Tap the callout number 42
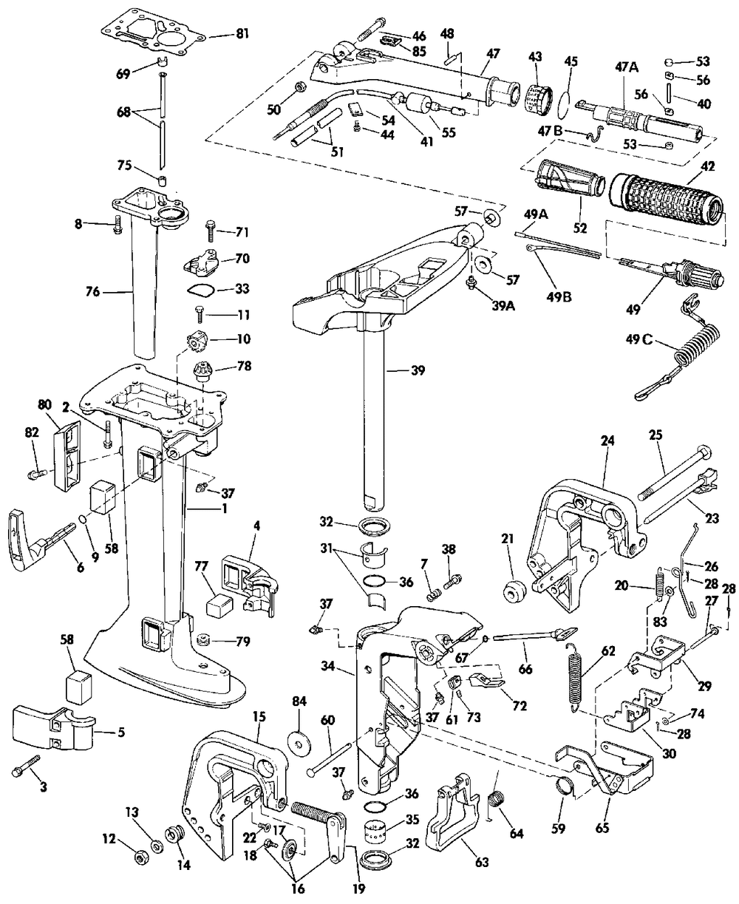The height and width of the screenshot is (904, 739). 707,166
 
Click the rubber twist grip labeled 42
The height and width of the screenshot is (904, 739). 666,200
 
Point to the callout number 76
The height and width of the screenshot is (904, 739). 92,292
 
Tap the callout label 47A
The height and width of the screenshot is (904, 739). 627,67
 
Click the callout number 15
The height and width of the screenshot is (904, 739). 259,716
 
